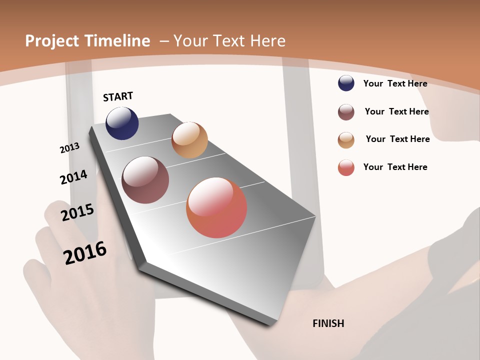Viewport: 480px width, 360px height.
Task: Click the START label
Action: (118, 96)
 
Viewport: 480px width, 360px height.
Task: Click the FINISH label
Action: (328, 323)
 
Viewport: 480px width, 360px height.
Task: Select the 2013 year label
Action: (69, 148)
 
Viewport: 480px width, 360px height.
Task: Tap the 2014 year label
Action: (73, 177)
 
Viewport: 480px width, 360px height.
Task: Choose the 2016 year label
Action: (85, 252)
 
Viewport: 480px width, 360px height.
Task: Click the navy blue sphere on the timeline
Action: (122, 123)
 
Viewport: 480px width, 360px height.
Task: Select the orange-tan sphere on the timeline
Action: (189, 140)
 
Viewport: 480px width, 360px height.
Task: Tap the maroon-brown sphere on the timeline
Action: (145, 180)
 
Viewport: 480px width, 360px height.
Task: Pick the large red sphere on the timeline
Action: (216, 207)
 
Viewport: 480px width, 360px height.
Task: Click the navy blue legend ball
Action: (346, 83)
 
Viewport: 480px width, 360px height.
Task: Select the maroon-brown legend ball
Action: (346, 112)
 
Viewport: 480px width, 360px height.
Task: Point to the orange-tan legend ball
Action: (346, 140)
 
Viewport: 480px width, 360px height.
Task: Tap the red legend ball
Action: (346, 167)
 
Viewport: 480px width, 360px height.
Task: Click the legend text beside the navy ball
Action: (395, 83)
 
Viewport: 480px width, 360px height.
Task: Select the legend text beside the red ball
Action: (395, 167)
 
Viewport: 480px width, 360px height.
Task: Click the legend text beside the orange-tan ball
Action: (397, 139)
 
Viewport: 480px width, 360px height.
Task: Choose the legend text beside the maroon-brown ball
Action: (396, 111)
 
